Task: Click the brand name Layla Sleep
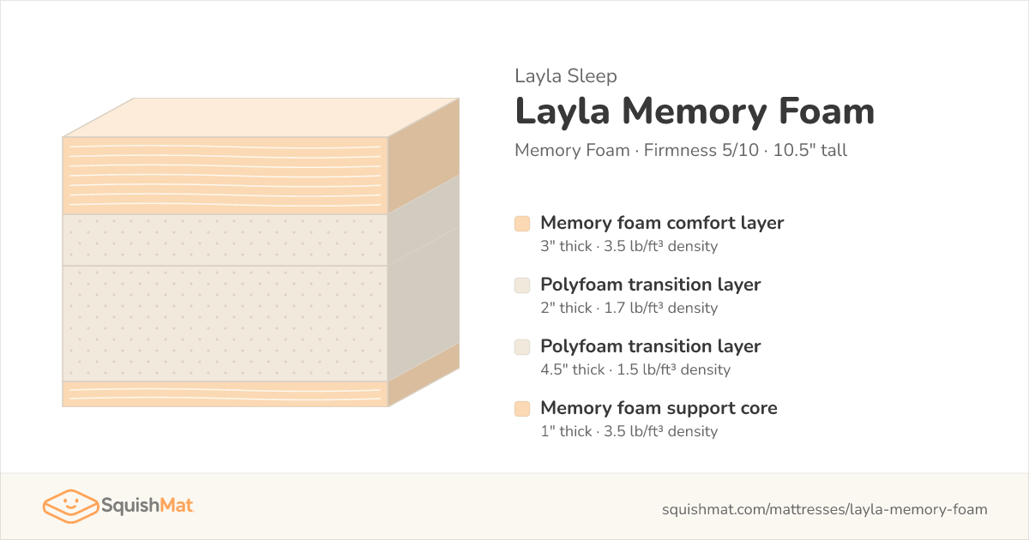565,76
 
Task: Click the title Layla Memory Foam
695,111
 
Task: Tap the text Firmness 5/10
701,150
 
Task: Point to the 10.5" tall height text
809,150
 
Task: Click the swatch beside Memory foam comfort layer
522,224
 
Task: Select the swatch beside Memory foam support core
522,409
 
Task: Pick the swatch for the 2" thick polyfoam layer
522,285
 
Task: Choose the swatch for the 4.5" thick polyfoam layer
522,346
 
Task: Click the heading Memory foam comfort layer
662,223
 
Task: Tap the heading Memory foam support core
659,408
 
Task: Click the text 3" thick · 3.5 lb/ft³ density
629,246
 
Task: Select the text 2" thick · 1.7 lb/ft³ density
629,308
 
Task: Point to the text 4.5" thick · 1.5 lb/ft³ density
635,369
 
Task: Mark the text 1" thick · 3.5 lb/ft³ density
629,431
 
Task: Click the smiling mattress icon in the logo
70,506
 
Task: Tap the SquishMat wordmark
147,506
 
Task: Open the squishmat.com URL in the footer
825,509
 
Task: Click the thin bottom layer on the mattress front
225,394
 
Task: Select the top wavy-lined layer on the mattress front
225,176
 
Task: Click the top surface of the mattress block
261,117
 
